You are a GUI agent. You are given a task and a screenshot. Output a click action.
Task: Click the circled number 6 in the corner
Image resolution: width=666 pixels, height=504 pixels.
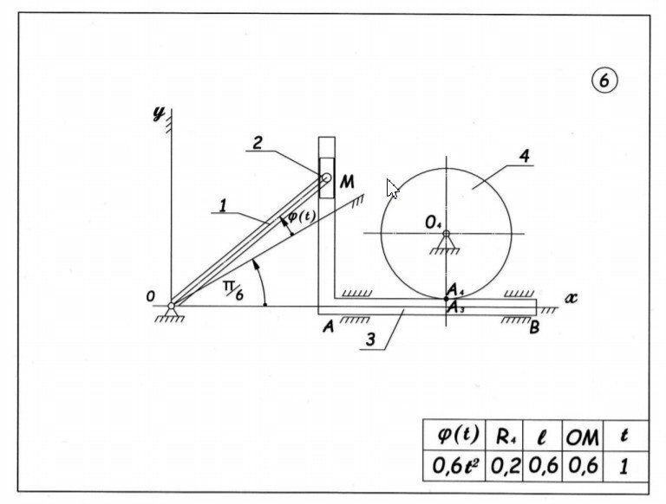pos(604,81)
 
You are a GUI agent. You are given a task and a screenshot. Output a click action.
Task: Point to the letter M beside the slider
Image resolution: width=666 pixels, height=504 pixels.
pos(347,182)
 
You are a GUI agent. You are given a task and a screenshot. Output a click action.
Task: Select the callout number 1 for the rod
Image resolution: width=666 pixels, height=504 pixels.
pos(223,206)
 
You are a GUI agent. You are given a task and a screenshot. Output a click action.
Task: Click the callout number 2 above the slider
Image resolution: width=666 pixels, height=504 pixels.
pos(258,143)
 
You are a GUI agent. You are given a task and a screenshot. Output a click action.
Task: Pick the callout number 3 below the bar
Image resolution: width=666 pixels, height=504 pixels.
pos(370,339)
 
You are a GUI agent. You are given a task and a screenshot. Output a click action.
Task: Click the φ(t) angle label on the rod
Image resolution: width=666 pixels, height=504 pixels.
pos(301,217)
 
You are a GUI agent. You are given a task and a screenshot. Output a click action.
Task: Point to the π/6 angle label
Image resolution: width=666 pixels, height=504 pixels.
pos(229,289)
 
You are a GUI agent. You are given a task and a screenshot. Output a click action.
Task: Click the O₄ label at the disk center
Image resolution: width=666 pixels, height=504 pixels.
pos(434,223)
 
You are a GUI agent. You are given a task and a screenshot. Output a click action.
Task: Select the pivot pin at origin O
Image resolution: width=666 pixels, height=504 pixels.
pos(172,305)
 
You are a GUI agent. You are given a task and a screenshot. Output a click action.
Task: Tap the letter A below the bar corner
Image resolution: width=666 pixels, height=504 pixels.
pos(328,326)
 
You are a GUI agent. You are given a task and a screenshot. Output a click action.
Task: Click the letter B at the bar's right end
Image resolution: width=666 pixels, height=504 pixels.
pos(535,326)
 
